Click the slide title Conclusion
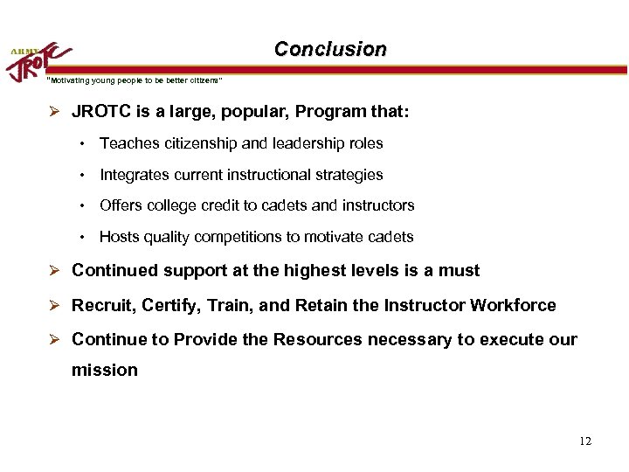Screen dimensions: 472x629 click(x=329, y=50)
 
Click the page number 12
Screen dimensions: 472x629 click(x=584, y=441)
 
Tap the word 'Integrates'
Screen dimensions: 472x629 click(x=135, y=175)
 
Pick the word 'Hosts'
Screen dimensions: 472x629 click(x=119, y=237)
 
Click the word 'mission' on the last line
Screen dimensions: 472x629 click(x=104, y=370)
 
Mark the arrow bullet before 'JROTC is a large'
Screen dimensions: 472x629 click(x=54, y=113)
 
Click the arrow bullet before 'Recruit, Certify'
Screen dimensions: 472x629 click(x=54, y=305)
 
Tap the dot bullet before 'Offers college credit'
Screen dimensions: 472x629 click(x=79, y=205)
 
